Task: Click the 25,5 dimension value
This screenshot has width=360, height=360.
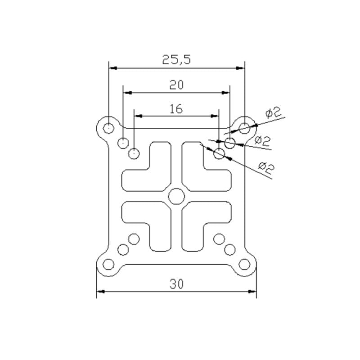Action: tap(176, 59)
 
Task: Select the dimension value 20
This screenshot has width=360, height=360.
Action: tap(176, 85)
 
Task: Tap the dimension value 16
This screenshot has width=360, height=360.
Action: tap(176, 109)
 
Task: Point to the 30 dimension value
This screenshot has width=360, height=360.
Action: tap(176, 284)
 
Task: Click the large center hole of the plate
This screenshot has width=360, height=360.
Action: tap(176, 196)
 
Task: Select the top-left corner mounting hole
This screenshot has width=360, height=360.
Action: tap(108, 128)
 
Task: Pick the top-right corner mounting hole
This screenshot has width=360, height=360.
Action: tap(244, 128)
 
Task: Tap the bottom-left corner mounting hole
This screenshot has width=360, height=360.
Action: tap(108, 264)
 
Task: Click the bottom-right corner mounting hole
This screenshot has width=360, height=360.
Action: tap(244, 264)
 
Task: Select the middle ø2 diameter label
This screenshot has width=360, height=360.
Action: tap(263, 141)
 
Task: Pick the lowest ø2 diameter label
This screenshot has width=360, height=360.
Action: tap(266, 168)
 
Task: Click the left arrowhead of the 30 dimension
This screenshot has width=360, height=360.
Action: tap(101, 292)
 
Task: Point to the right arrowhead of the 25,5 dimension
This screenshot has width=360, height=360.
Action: tap(240, 68)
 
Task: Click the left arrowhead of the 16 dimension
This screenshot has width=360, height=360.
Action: tap(138, 116)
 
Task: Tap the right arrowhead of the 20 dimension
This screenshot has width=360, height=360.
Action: tap(226, 93)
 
